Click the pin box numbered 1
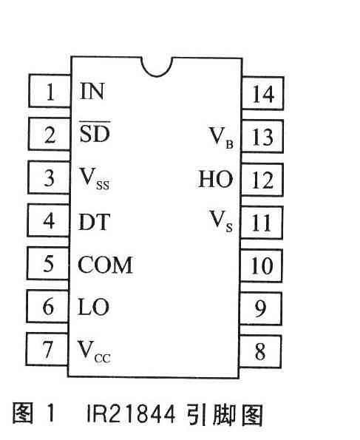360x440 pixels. (50, 91)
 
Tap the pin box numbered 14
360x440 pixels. (262, 93)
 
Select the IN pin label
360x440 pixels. (92, 91)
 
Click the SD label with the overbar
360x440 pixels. (95, 132)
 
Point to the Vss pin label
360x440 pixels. (95, 179)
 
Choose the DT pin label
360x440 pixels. (94, 222)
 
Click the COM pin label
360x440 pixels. (105, 265)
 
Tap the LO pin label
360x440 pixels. (93, 307)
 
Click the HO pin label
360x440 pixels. (216, 179)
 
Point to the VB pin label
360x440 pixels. (221, 138)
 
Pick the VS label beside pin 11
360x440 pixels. (221, 221)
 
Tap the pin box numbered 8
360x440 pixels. (259, 351)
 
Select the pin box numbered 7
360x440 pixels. (47, 349)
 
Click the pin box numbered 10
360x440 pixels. (261, 265)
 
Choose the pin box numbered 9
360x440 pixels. (260, 308)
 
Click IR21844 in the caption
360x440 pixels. (131, 414)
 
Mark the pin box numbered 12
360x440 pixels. (262, 180)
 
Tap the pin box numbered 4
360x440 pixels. (48, 220)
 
